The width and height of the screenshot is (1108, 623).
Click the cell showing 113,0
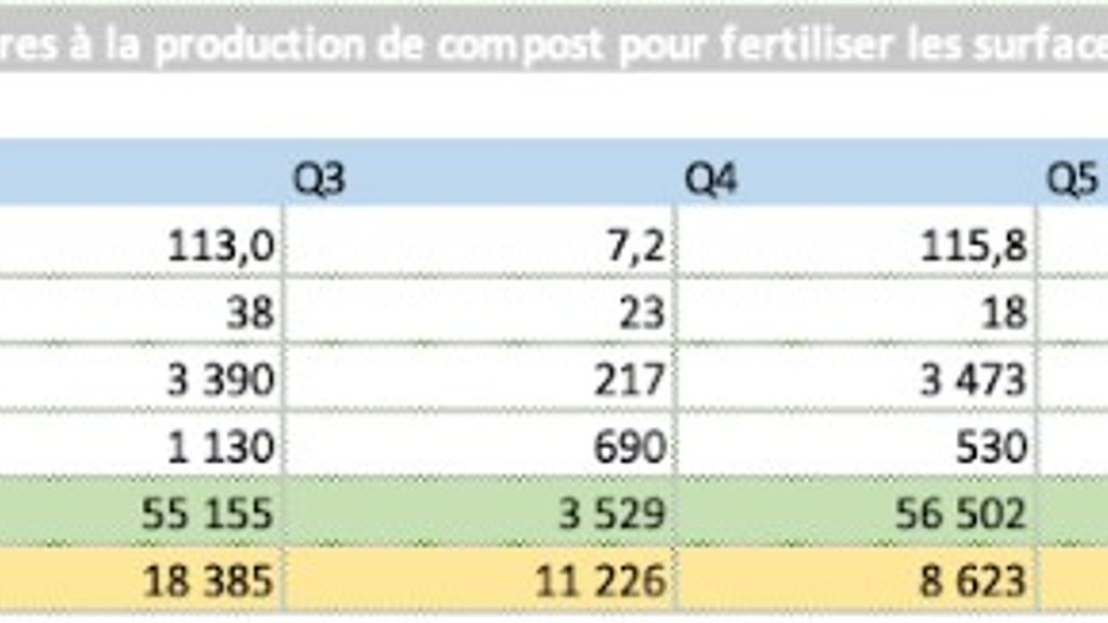pos(221,247)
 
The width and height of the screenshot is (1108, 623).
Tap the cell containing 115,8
pos(973,247)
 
